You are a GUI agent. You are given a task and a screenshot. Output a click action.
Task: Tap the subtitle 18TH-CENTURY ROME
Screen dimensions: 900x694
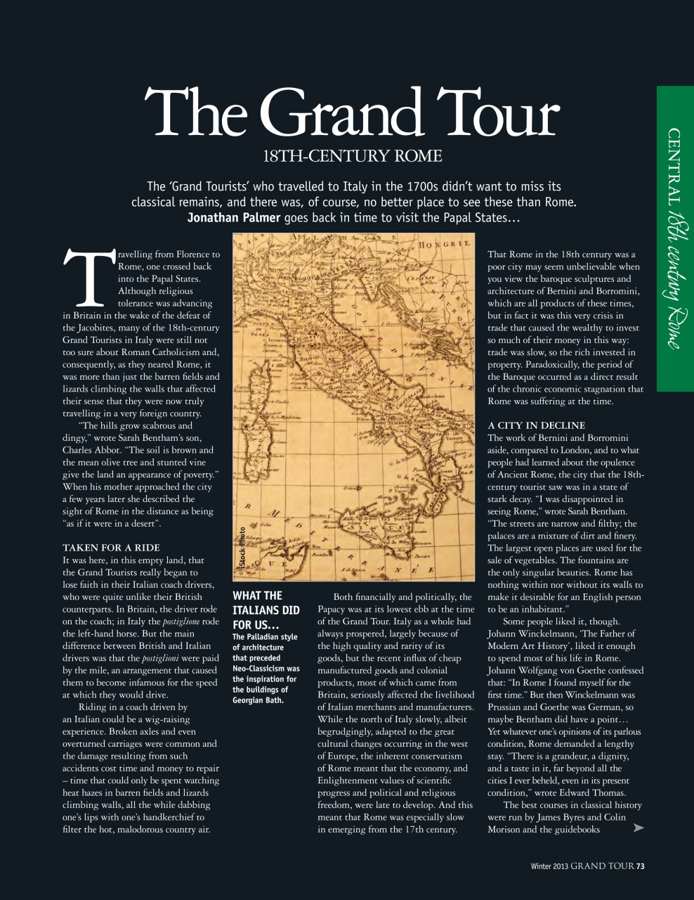click(x=352, y=156)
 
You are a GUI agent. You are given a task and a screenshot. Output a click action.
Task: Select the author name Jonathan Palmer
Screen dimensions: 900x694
click(x=233, y=217)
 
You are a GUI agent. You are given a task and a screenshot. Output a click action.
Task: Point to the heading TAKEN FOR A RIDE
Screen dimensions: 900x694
click(x=111, y=548)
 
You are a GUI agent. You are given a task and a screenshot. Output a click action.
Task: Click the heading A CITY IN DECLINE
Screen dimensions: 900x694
click(x=536, y=425)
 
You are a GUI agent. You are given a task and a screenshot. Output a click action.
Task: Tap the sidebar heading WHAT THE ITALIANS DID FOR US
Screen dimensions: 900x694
click(x=266, y=610)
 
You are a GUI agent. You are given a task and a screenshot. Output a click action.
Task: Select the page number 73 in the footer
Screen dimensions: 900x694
click(x=640, y=866)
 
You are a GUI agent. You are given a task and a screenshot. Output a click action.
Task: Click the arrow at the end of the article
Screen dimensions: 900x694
click(x=638, y=828)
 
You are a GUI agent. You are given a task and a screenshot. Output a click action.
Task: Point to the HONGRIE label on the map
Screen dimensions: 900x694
click(x=443, y=247)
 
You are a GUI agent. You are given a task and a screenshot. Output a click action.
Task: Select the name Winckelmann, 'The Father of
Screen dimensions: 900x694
click(x=561, y=634)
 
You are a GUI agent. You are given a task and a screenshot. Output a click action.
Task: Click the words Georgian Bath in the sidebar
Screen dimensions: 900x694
click(x=258, y=700)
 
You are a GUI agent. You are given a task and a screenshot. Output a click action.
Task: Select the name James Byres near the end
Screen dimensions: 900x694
click(x=567, y=817)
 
